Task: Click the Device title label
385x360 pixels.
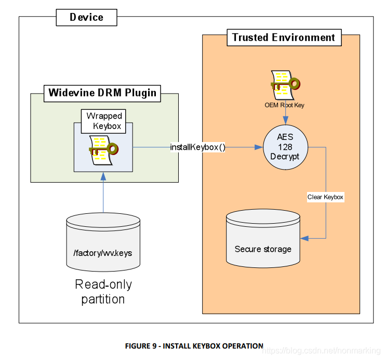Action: (86, 17)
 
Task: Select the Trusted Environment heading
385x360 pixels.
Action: (284, 37)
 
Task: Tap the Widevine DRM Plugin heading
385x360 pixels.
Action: (102, 93)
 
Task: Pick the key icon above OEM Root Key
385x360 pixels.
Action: (285, 84)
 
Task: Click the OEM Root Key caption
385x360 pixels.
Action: (284, 105)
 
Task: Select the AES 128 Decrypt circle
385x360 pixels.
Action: (285, 147)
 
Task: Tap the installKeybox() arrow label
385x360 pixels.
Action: (198, 147)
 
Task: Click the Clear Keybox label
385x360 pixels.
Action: (325, 197)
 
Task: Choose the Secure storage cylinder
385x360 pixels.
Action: (263, 238)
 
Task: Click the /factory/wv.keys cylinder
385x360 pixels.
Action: (103, 243)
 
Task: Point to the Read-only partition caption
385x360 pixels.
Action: (103, 292)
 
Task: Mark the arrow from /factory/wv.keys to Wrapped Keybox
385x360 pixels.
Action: (103, 192)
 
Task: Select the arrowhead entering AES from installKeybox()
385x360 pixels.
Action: (258, 147)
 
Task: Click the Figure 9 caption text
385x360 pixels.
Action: (194, 345)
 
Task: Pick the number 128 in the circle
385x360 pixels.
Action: (285, 147)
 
